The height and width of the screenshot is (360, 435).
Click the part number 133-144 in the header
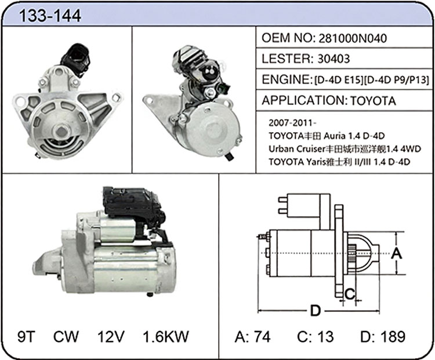(x=50, y=16)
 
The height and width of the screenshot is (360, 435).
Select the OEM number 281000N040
(x=352, y=38)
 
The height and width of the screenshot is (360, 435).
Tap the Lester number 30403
(x=333, y=59)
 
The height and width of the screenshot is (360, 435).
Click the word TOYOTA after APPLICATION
(x=373, y=101)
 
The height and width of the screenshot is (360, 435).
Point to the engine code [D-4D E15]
(x=339, y=80)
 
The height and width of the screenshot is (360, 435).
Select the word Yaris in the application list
(x=316, y=162)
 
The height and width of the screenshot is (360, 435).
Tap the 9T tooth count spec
(x=26, y=336)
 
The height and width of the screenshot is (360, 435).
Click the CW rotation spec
(x=66, y=336)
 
